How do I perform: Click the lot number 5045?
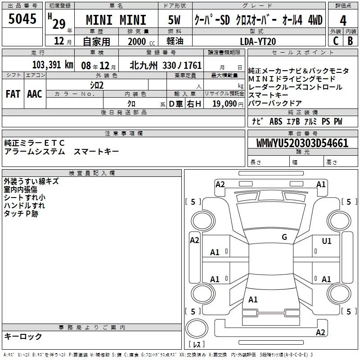click(x=22, y=19)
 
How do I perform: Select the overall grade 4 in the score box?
click(x=343, y=20)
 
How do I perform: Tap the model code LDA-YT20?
click(x=258, y=41)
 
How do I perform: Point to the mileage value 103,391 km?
click(x=53, y=65)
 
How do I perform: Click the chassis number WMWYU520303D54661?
click(x=302, y=143)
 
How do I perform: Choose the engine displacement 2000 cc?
click(x=141, y=41)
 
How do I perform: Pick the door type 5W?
click(x=174, y=20)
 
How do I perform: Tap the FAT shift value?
click(x=13, y=94)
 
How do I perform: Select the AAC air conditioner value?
click(x=35, y=94)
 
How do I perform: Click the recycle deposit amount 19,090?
click(x=225, y=103)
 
